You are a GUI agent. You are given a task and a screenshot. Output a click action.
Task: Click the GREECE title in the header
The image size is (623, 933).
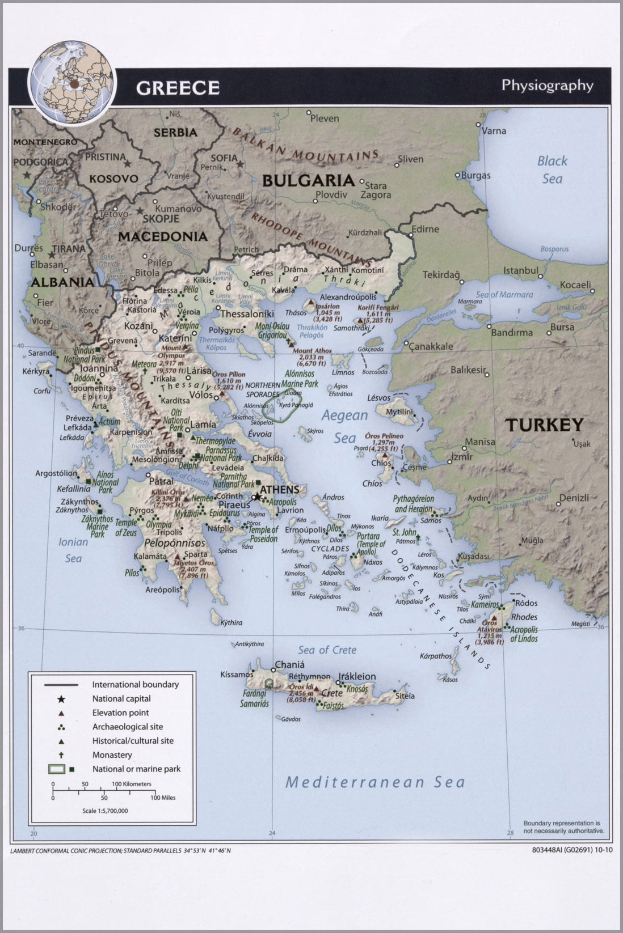coord(178,88)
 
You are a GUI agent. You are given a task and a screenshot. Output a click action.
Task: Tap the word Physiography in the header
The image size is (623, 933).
coord(547,86)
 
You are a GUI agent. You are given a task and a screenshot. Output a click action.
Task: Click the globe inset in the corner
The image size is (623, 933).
coord(72,83)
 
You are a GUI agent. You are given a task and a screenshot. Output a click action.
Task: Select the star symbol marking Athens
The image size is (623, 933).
coord(256,497)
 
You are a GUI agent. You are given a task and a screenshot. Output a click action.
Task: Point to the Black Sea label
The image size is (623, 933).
coord(552,169)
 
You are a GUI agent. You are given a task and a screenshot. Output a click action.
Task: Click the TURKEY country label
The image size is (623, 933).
coord(544,425)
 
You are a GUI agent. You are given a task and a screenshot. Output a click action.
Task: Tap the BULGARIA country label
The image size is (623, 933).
coord(308,181)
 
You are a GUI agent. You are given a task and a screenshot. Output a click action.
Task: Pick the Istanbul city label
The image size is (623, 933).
coord(520,270)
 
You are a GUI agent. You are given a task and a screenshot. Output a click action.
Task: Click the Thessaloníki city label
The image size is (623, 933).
coord(247,313)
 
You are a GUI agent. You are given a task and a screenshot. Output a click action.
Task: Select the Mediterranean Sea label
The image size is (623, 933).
coord(374,782)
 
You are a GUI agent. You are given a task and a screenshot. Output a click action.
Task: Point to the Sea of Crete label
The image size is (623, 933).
coord(327,650)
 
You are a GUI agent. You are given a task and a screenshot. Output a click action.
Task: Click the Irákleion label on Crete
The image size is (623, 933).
coord(357,676)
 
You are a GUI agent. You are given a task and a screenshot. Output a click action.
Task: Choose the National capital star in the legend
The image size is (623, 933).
coord(61,699)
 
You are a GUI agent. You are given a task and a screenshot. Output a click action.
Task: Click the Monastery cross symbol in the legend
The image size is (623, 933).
coord(61,755)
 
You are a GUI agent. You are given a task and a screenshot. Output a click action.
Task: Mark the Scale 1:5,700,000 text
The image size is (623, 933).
coord(105,811)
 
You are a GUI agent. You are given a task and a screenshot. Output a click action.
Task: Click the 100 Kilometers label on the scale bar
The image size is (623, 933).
coord(132,784)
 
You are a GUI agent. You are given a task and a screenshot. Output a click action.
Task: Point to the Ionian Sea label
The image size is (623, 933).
coord(73,550)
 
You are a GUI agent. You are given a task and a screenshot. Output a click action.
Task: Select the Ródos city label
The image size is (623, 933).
coord(525,603)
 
